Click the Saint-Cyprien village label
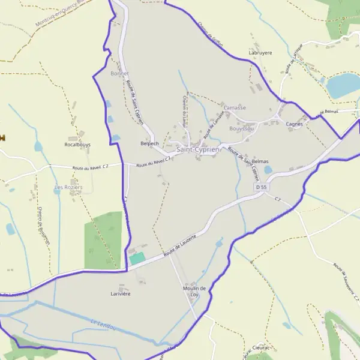click(198, 149)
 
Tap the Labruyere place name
click(260, 53)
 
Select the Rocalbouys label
click(77, 145)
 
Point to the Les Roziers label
click(68, 187)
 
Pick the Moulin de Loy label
click(194, 292)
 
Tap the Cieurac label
click(261, 347)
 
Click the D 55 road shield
click(261, 188)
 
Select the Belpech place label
click(149, 143)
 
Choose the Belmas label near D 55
click(260, 162)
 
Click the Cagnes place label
click(294, 124)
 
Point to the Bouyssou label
click(242, 128)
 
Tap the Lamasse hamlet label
click(235, 107)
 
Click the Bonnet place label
click(120, 73)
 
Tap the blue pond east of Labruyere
click(343, 86)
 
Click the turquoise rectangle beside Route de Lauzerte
click(137, 258)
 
